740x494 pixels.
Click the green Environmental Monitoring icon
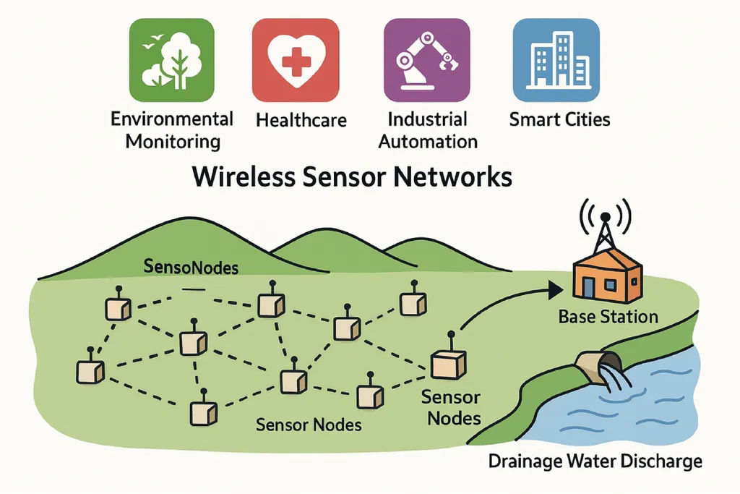171,59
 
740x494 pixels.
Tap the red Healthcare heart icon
296,59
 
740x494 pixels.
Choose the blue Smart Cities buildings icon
556,59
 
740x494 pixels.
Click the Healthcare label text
301,120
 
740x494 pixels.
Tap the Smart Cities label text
559,119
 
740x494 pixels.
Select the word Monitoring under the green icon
173,140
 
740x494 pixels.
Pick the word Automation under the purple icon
428,140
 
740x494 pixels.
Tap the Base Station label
608,316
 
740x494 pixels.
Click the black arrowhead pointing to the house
555,290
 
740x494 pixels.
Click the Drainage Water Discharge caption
595,461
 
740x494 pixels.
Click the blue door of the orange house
589,286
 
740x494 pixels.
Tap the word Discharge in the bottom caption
663,461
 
